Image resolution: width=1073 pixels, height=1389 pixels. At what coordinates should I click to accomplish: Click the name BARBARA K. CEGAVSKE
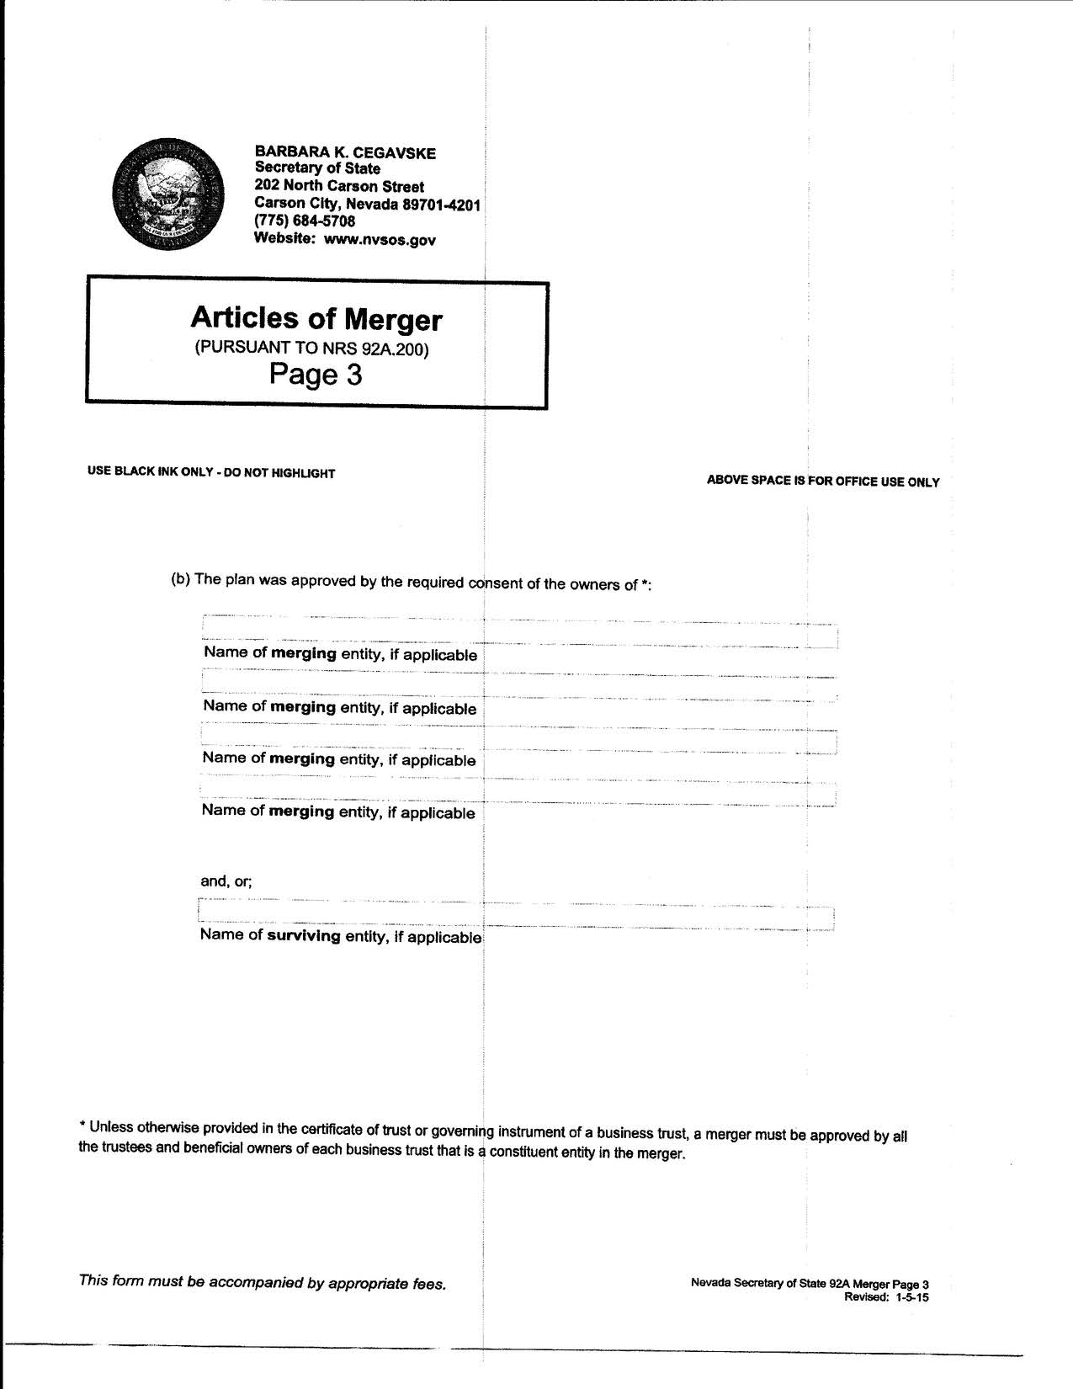(345, 152)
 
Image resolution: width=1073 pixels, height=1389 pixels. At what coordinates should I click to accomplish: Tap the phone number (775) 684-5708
(305, 221)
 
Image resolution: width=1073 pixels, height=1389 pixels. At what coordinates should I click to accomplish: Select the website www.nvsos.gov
(380, 240)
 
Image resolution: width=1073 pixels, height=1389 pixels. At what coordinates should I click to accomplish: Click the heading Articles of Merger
(316, 318)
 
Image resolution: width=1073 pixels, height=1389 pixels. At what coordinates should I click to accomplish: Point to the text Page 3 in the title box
(316, 375)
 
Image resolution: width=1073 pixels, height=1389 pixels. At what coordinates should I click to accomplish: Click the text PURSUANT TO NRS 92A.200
(311, 349)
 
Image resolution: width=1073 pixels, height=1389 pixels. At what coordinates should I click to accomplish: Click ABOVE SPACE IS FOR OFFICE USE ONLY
(822, 482)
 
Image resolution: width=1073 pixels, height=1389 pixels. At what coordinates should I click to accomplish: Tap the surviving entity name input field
(516, 915)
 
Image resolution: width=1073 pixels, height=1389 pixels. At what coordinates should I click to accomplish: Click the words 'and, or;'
(226, 881)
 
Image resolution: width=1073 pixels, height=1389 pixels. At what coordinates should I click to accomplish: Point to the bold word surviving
(304, 935)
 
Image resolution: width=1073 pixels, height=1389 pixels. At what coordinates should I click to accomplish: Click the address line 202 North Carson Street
(339, 186)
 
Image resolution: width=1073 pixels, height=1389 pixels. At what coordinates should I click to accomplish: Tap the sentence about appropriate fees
(262, 1282)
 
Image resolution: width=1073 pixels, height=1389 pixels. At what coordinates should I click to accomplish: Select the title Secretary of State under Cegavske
(317, 168)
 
